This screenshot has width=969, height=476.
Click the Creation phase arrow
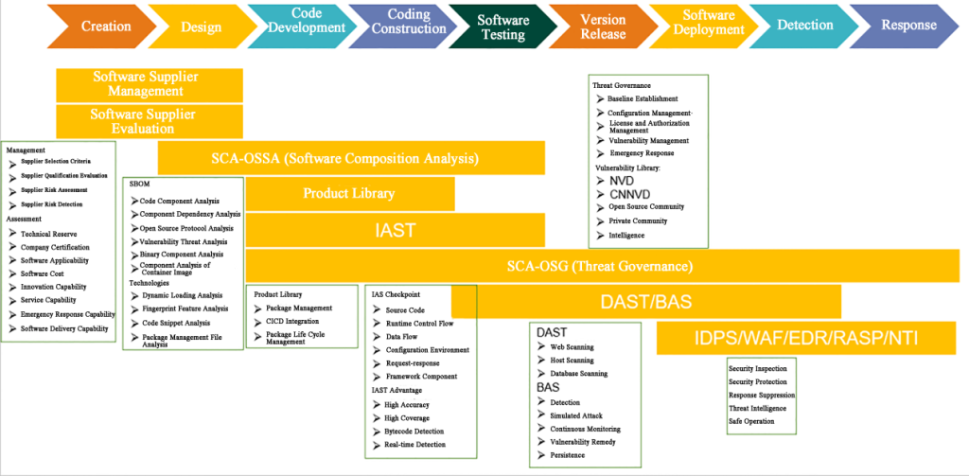tap(102, 26)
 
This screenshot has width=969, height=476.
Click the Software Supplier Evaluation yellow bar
tap(149, 121)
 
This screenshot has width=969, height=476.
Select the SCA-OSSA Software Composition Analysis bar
tap(351, 158)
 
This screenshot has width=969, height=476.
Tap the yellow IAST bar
tap(395, 230)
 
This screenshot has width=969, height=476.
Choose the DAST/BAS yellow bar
tap(645, 302)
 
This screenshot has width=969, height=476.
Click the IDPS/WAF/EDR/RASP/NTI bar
tap(806, 338)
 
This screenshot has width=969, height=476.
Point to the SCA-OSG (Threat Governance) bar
tap(603, 267)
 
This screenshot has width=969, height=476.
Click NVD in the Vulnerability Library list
tap(622, 181)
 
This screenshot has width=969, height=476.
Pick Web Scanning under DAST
tap(572, 346)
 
